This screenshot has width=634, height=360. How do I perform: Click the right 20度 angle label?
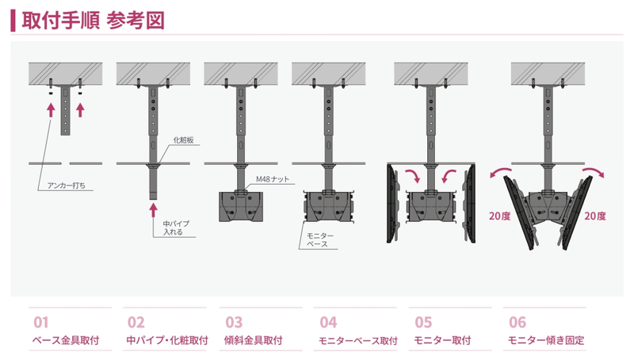[594, 216]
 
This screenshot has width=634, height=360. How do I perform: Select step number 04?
[328, 323]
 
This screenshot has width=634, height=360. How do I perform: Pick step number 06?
[518, 323]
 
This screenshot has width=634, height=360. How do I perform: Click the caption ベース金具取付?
[65, 341]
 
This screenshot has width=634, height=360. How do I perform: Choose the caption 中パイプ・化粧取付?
[166, 341]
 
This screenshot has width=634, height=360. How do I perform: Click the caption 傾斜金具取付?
[256, 341]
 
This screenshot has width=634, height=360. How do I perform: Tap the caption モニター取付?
[442, 341]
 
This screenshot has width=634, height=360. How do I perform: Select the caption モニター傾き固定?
[546, 341]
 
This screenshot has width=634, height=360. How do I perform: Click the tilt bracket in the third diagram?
[239, 205]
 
